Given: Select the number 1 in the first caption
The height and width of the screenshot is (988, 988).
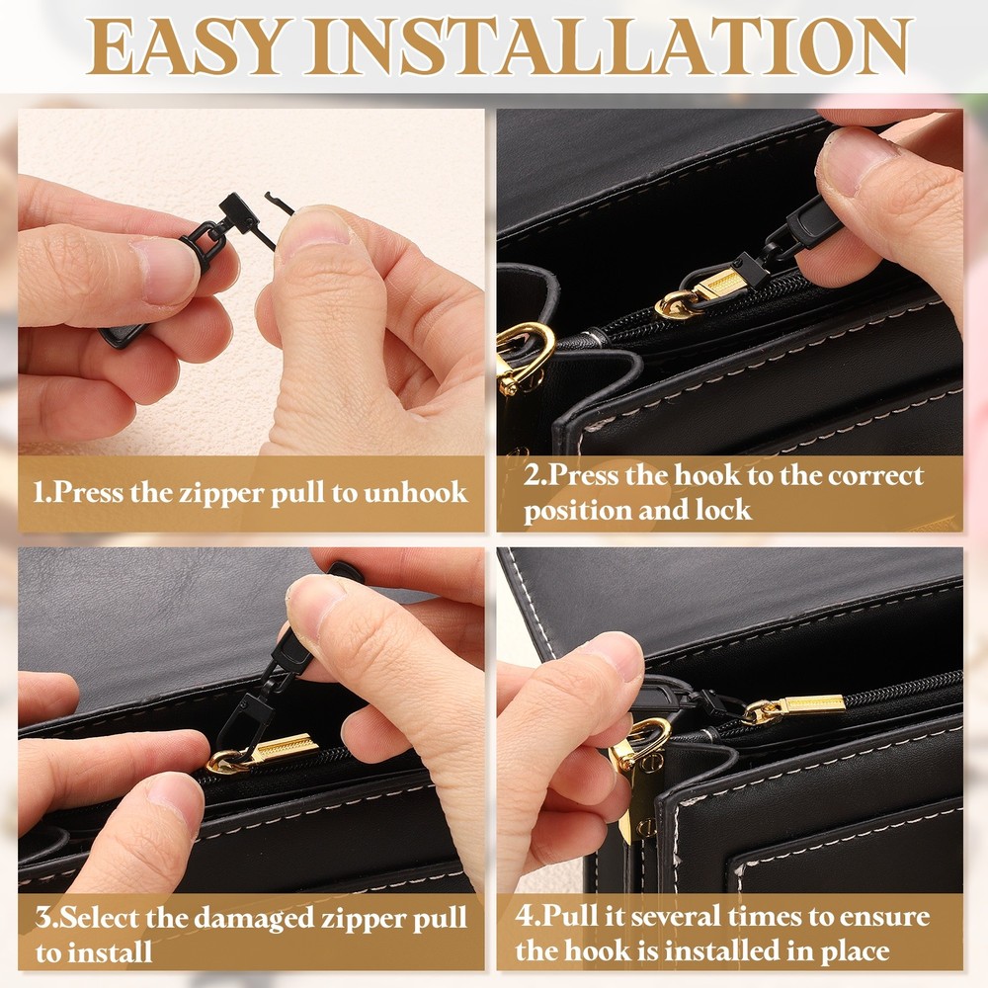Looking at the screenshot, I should tap(41, 492).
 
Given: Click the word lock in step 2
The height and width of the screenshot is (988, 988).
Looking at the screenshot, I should tap(724, 511).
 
